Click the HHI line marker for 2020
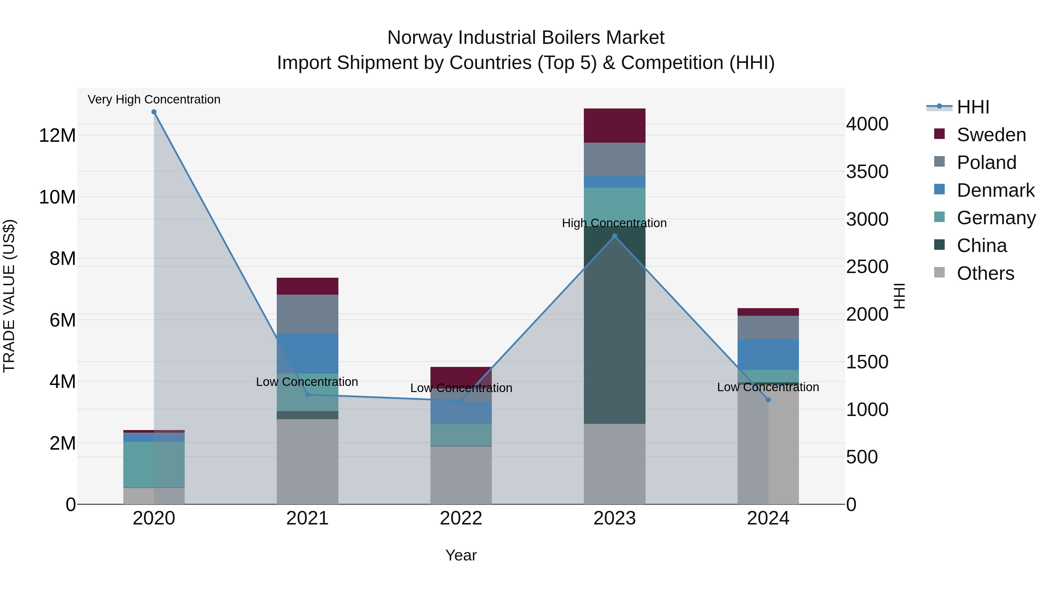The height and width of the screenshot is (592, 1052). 154,112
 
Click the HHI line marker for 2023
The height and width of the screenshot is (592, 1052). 615,236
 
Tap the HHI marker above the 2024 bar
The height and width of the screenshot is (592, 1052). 768,400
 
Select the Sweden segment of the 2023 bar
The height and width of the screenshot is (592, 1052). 615,125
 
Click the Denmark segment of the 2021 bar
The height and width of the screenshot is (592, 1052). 307,353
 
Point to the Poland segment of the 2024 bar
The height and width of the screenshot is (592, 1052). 768,327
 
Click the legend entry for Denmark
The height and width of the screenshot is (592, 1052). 995,190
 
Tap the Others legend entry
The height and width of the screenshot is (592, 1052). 985,273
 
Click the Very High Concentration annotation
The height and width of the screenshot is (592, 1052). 154,99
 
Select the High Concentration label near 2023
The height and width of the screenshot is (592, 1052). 614,223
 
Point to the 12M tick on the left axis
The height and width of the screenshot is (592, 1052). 57,135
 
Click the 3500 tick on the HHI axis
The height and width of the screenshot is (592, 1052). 867,172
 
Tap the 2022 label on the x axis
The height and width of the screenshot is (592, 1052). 461,518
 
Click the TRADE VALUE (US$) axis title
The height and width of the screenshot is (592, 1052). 9,296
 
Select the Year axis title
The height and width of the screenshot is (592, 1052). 461,555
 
